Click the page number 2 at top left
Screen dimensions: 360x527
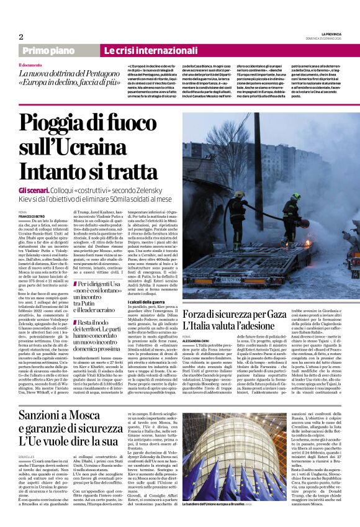21,37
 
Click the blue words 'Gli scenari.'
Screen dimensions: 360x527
36,189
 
